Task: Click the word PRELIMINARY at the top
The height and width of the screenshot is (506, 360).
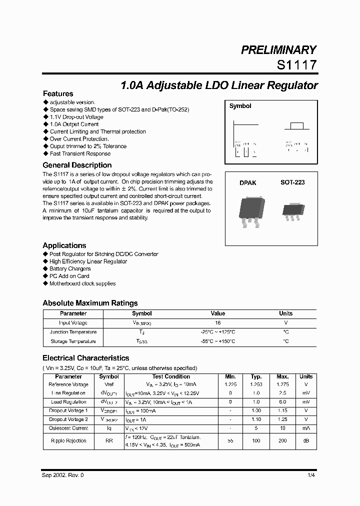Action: coord(278,50)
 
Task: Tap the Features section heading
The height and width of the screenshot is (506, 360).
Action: coord(58,93)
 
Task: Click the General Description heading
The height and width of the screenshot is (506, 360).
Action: coord(77,165)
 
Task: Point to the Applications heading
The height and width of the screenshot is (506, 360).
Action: coord(64,245)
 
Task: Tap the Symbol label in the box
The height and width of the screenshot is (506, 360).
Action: coord(240,106)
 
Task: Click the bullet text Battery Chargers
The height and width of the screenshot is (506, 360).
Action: coord(70,268)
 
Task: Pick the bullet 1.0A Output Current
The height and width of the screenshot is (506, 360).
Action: coord(74,124)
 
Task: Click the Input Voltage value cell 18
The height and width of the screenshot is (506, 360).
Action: coord(218,323)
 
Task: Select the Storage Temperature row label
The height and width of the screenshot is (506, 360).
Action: coord(73,341)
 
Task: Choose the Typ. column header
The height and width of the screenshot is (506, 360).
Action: coord(256,376)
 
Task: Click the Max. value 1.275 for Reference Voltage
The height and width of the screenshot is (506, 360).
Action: coord(282,384)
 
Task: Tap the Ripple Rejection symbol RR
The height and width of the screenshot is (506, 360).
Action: coord(109,440)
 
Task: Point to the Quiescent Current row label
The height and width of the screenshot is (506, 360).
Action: coord(68,428)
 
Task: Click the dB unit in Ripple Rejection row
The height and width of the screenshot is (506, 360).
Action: coord(305,440)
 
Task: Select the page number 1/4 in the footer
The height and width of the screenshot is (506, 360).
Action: coord(311,475)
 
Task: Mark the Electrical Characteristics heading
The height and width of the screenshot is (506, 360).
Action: coord(86,358)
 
